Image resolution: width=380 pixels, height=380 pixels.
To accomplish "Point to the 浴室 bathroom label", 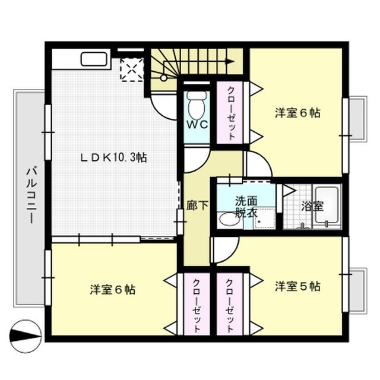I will point(312,207).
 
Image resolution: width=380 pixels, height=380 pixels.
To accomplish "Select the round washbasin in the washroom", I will point(227,220).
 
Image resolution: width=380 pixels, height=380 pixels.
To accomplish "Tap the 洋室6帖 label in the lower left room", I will point(113,290).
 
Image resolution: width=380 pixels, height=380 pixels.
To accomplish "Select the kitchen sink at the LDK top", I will point(94,59).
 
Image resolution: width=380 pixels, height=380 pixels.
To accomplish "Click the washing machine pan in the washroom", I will point(263,219).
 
